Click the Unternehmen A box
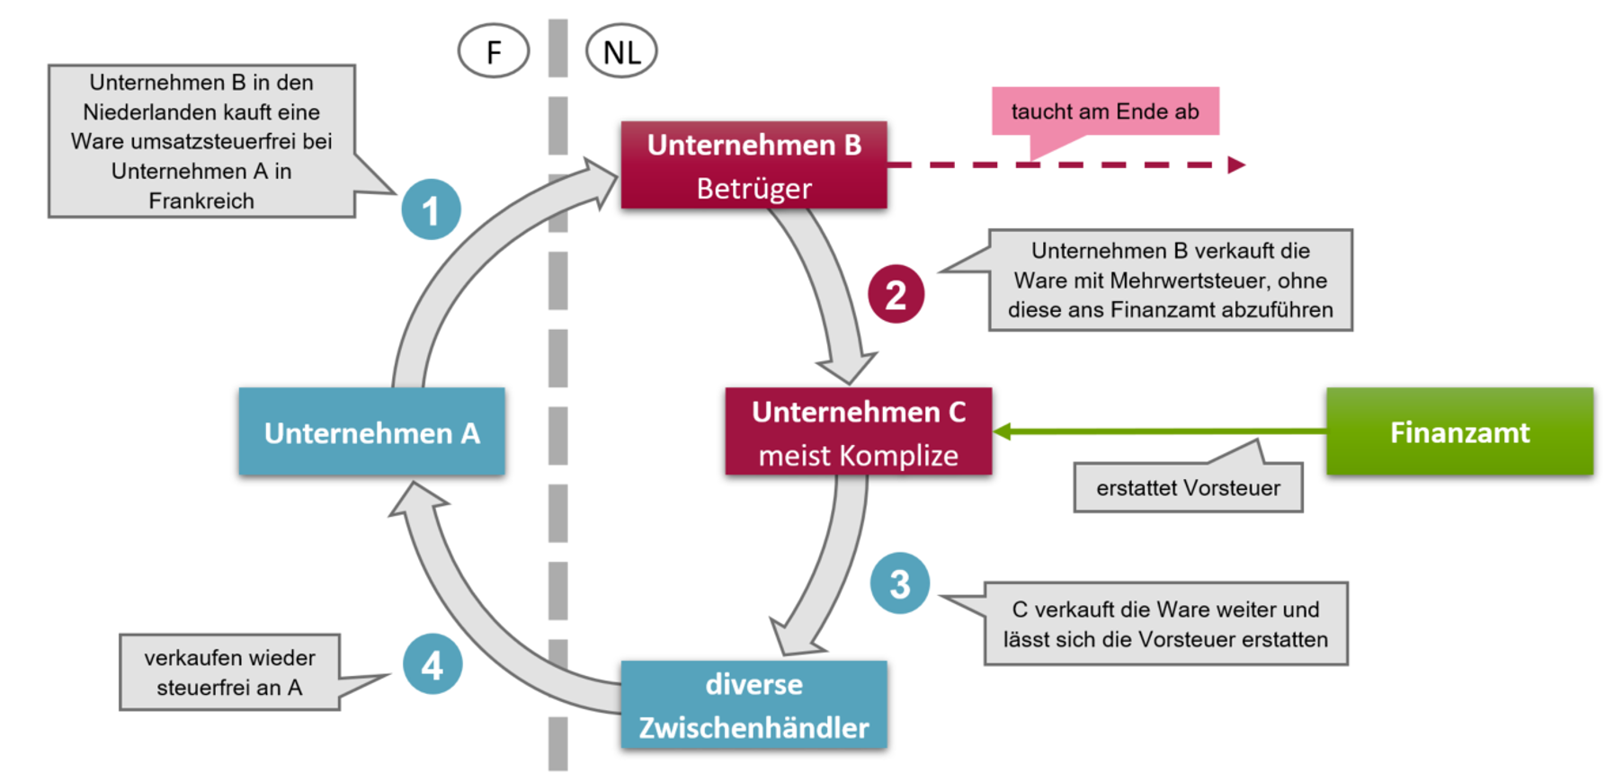pyautogui.click(x=371, y=431)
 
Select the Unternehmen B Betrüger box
pyautogui.click(x=753, y=165)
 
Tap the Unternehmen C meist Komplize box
pyautogui.click(x=858, y=431)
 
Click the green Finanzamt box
pyautogui.click(x=1458, y=431)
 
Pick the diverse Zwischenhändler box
pyautogui.click(x=753, y=705)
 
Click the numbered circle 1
pyautogui.click(x=431, y=209)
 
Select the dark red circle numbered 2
pyautogui.click(x=896, y=294)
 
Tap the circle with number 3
pyautogui.click(x=899, y=583)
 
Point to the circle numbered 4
pyautogui.click(x=432, y=664)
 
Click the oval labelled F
pyautogui.click(x=494, y=51)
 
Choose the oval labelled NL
pyautogui.click(x=621, y=51)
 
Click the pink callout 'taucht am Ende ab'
pyautogui.click(x=1104, y=111)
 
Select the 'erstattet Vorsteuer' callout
pyautogui.click(x=1187, y=487)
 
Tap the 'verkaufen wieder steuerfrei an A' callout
pyautogui.click(x=229, y=672)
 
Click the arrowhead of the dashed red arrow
pyautogui.click(x=1237, y=164)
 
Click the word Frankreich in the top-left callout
pyautogui.click(x=201, y=200)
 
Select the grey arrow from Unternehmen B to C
pyautogui.click(x=825, y=288)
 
